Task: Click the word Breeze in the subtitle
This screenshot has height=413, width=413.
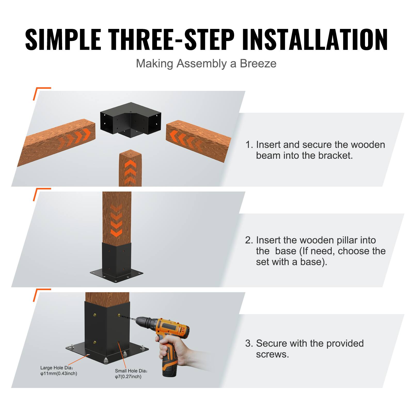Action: tap(258, 63)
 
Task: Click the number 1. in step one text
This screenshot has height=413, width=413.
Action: tap(249, 145)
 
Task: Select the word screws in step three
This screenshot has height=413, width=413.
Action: tap(272, 354)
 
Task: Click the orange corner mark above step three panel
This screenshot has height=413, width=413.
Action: tap(39, 293)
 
